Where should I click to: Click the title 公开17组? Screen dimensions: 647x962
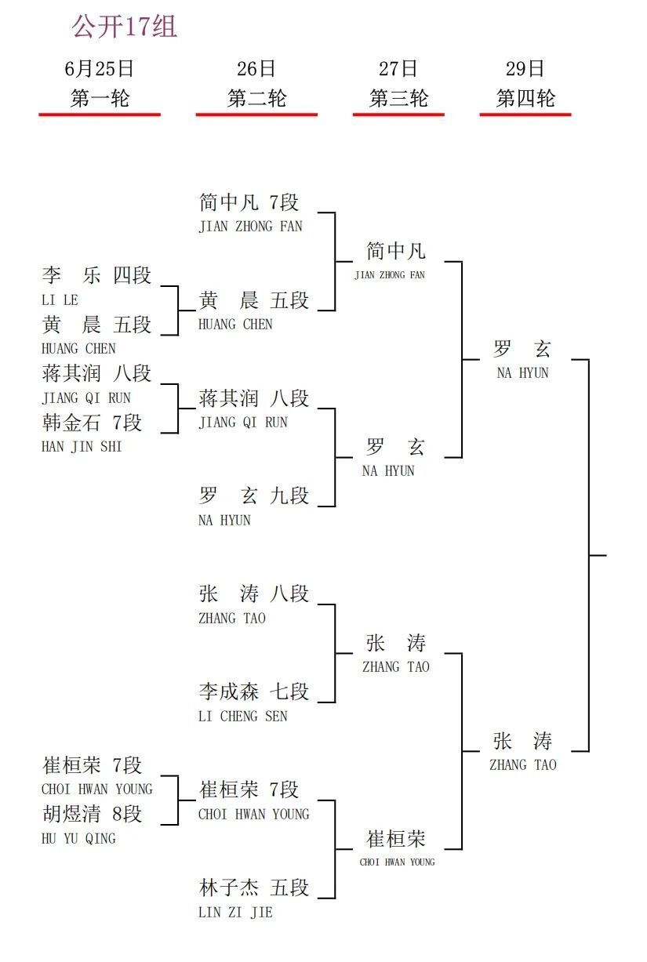(124, 27)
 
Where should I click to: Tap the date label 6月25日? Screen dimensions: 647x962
(100, 69)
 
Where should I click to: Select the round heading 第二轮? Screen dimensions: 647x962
(256, 98)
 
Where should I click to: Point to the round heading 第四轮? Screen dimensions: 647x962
(525, 98)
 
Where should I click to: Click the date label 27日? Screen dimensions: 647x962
(398, 69)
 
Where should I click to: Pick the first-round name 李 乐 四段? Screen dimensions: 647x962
(96, 275)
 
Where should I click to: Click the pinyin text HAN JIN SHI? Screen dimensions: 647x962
(82, 447)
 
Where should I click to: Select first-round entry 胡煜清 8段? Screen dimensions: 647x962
(92, 814)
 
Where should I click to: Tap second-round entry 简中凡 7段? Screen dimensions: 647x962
(249, 202)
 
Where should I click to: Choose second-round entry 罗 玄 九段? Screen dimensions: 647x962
(253, 496)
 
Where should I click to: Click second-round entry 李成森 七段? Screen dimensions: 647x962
(253, 692)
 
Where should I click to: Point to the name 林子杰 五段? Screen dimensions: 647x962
(253, 888)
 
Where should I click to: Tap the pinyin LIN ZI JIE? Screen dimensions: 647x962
(235, 912)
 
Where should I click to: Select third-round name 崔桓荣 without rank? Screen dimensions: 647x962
(396, 839)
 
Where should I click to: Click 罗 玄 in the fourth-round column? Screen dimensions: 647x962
(522, 349)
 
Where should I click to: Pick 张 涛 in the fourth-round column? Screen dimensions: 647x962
(522, 741)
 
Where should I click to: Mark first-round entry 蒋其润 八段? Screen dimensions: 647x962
(96, 373)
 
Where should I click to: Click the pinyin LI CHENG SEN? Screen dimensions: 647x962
(243, 717)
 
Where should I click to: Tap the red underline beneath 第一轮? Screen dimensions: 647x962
(100, 114)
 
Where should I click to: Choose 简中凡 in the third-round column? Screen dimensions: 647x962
(396, 251)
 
